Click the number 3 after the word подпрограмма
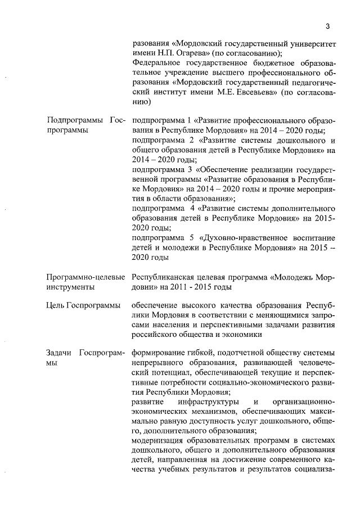[190, 169]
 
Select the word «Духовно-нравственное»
[246, 238]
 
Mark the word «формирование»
[159, 353]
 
